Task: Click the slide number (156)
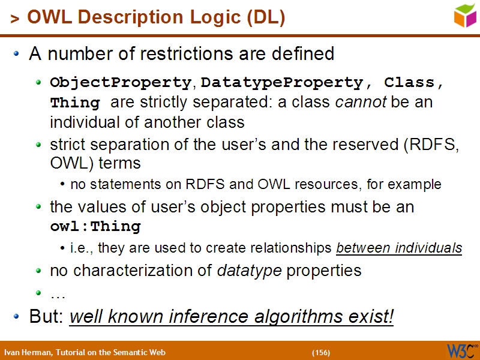(x=321, y=352)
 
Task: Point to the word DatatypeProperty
(x=283, y=82)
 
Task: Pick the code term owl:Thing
(x=95, y=227)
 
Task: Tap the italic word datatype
(x=249, y=271)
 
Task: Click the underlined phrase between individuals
(x=399, y=248)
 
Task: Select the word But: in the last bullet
(x=47, y=316)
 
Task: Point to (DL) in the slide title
(x=265, y=18)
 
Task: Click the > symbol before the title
(x=15, y=20)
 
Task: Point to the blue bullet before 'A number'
(x=17, y=54)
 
